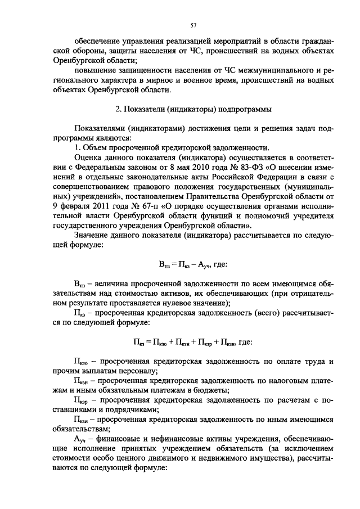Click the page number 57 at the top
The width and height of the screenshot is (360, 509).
193,25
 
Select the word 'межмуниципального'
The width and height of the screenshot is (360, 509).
272,72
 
